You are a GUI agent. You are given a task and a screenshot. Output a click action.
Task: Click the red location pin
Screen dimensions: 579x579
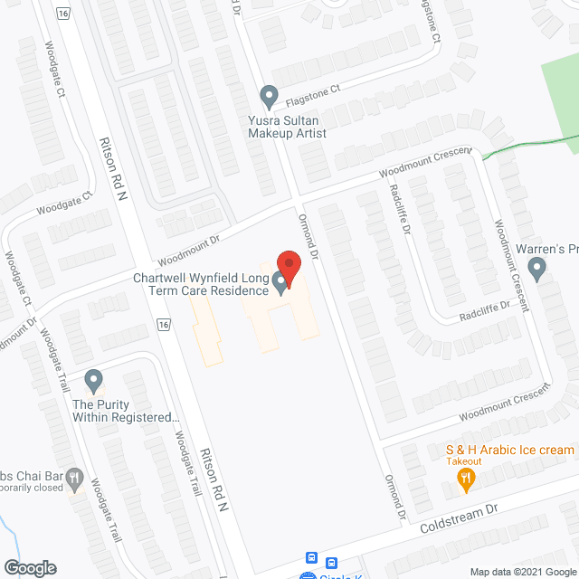288,265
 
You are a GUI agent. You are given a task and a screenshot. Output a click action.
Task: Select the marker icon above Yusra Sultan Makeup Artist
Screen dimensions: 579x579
269,96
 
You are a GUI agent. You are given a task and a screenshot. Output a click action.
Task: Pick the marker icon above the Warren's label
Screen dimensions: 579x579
536,268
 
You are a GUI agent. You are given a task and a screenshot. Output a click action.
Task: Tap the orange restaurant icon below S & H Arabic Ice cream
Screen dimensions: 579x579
467,479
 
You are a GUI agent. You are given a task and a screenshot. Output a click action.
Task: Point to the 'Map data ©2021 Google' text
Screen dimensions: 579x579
521,571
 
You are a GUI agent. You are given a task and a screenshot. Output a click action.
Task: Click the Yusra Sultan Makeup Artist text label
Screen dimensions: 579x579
288,126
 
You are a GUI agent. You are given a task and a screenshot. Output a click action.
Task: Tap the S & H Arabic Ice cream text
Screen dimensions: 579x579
509,450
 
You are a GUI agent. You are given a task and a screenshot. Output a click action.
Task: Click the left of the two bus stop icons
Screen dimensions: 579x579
312,558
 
